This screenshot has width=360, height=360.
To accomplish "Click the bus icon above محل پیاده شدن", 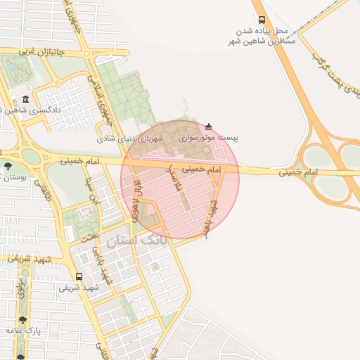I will tap(262, 20).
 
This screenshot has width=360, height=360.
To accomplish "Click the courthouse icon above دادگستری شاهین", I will tap(26, 99).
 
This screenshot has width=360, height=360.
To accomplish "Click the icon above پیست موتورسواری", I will tap(209, 127).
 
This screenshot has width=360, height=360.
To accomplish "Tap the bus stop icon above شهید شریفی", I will tap(78, 276).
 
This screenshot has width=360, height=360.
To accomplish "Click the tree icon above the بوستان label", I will tap(7, 167).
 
